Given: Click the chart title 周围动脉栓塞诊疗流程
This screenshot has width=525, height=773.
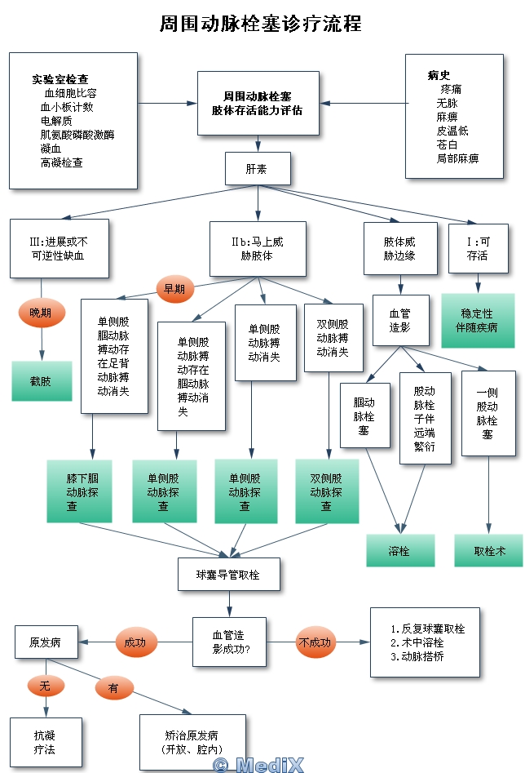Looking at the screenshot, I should tap(261, 24).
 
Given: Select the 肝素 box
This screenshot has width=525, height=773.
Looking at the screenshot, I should tap(257, 169).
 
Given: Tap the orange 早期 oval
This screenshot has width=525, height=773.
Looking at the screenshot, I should tap(174, 288).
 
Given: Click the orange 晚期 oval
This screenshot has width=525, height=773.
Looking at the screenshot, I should tap(41, 313).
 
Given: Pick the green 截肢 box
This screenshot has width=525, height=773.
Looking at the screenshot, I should tap(41, 380).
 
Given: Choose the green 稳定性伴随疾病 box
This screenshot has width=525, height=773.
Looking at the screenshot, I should tap(478, 321).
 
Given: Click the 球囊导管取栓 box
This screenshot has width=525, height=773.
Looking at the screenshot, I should tap(229, 575).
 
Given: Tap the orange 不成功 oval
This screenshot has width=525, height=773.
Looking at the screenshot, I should tap(315, 642).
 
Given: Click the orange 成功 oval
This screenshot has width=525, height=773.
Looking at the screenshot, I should tap(135, 642).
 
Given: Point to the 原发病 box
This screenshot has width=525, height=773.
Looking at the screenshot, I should tap(46, 642).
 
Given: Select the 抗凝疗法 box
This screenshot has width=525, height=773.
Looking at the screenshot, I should tap(46, 742).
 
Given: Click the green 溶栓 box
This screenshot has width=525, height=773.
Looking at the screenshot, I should tap(399, 551).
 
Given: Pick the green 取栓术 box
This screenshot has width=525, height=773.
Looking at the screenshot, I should tap(489, 551).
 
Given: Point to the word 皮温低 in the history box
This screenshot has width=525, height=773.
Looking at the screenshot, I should tap(452, 131).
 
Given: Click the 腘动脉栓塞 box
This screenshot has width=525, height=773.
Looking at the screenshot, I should tap(364, 416).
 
